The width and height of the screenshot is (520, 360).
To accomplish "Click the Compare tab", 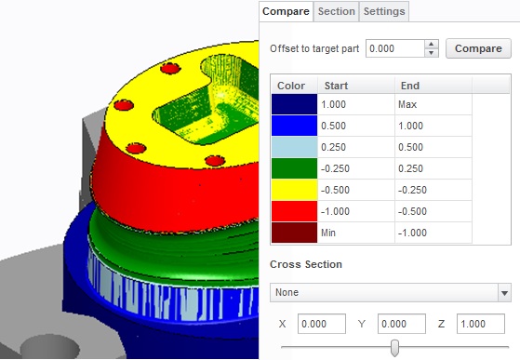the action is click(286, 11).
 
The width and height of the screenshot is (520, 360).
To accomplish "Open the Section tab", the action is click(336, 11).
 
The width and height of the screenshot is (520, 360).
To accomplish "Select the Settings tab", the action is click(384, 11).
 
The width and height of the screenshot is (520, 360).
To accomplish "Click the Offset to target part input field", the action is click(395, 48).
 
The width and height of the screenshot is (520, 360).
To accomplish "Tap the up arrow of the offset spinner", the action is click(431, 44).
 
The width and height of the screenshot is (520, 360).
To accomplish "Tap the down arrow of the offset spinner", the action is click(431, 53).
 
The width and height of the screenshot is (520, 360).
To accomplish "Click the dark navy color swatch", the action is click(294, 104).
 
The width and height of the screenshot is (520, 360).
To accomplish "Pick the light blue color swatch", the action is click(294, 147).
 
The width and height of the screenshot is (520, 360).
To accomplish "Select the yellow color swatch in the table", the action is click(294, 190).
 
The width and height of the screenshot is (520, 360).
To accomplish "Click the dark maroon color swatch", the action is click(294, 233).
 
